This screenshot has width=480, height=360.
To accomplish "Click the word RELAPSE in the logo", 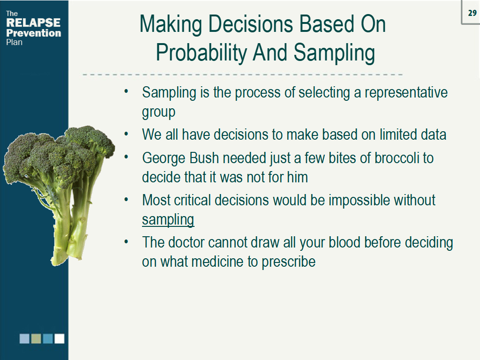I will (x=33, y=23).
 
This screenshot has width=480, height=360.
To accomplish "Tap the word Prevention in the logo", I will (x=33, y=33).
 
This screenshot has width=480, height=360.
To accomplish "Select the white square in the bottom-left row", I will (x=59, y=338).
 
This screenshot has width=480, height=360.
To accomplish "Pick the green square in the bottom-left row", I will (x=36, y=338).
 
